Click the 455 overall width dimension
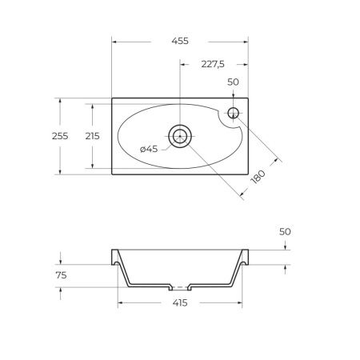179,41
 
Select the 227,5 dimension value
213,66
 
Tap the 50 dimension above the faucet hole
234,82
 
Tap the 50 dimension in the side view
286,231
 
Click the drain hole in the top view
181,136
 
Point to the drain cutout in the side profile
181,286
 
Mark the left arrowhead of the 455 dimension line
115,41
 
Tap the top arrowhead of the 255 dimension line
61,101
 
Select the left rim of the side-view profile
114,255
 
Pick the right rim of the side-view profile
246,255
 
